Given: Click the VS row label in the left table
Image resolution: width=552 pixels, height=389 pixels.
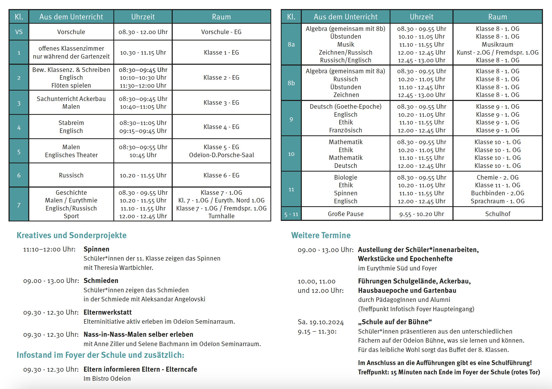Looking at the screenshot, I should (19, 32).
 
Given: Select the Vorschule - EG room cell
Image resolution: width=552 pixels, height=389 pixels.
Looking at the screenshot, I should (221, 32).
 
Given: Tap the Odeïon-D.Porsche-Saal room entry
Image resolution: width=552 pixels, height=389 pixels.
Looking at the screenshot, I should (221, 155).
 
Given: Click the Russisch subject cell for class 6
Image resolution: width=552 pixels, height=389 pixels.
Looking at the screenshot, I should (71, 175).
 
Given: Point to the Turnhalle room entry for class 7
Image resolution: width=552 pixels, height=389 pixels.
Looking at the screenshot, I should (221, 216).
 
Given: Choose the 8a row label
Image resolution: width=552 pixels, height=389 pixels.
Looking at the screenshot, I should (291, 44).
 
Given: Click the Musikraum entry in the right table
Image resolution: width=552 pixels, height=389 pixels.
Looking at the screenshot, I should (497, 44).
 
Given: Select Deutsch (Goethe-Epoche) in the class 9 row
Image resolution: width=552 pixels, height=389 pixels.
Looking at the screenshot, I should (345, 107).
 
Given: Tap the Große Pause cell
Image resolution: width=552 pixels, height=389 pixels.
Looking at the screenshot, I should (345, 214).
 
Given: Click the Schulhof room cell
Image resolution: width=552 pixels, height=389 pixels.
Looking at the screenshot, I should (498, 214).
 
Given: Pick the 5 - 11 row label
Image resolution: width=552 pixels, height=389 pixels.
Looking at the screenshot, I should (291, 214).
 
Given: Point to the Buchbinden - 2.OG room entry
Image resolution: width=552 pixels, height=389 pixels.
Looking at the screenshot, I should (497, 193).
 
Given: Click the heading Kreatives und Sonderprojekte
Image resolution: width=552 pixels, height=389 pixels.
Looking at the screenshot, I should (72, 235).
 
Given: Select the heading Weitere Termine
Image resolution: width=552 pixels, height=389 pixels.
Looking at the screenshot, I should (321, 235).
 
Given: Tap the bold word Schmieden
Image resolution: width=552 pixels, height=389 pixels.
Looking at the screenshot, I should (101, 281).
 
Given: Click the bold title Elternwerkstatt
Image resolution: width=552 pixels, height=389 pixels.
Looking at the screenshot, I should (108, 312).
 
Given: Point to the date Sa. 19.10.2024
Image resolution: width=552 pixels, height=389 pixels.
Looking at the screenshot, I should (321, 322).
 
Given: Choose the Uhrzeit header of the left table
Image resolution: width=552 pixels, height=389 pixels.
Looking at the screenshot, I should (143, 17).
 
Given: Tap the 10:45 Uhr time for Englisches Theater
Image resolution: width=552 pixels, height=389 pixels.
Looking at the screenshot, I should (143, 155).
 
